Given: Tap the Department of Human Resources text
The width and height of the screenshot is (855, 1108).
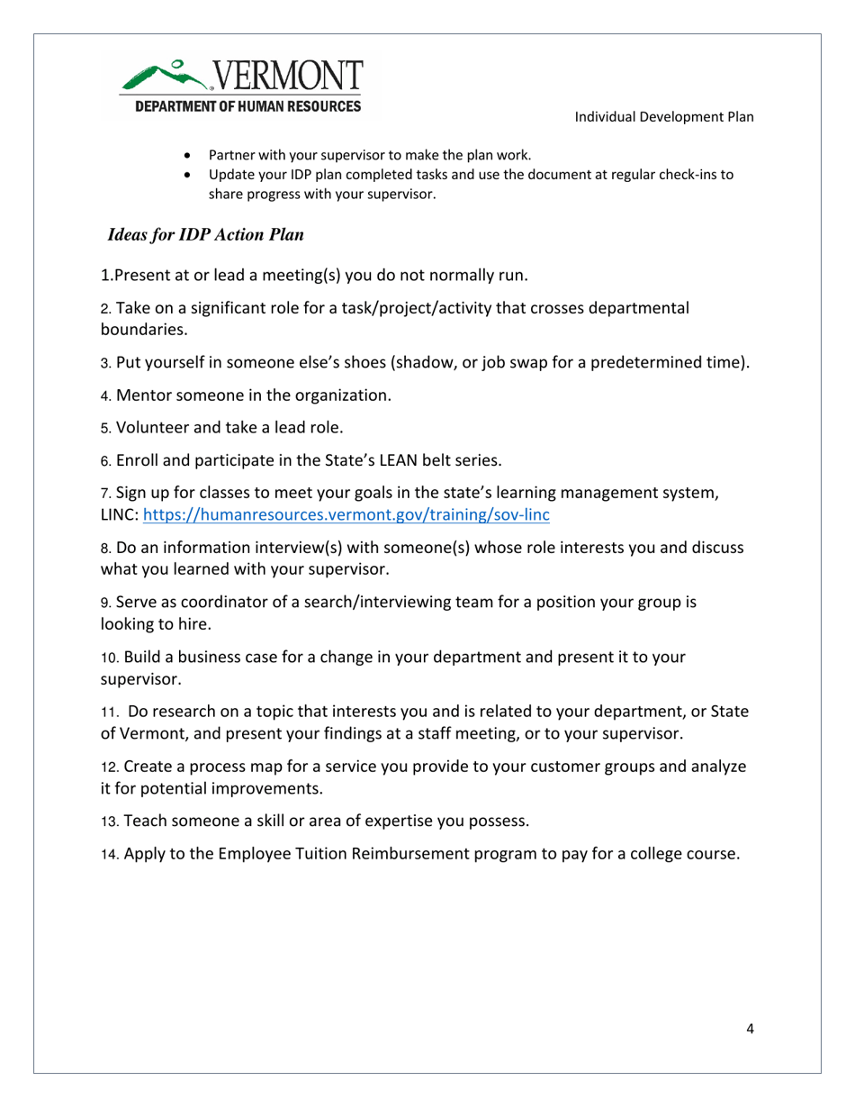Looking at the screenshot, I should (x=247, y=105).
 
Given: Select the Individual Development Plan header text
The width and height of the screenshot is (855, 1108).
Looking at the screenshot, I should (x=664, y=117).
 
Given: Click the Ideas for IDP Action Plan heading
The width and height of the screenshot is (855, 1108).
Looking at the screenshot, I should (x=205, y=235).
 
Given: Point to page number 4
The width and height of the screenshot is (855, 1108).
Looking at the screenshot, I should (x=750, y=1031).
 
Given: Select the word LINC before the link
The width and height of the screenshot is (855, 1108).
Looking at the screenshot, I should (x=118, y=515).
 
